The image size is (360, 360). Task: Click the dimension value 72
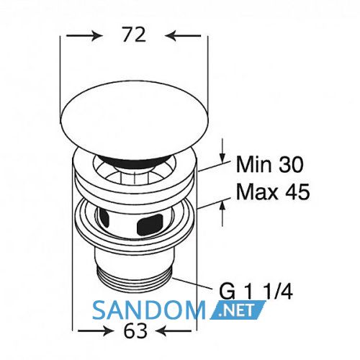134,35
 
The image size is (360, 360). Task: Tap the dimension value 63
135,330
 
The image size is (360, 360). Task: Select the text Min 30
270,164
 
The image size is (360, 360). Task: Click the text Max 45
273,192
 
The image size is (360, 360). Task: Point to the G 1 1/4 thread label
256,292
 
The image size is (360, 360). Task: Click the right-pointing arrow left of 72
84,36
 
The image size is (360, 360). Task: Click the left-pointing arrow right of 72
183,36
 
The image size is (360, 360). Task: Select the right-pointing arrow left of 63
95,331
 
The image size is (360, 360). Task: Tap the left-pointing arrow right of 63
174,331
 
